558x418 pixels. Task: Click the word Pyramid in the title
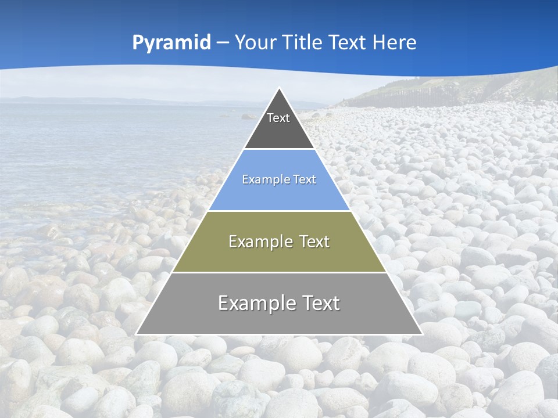(x=171, y=43)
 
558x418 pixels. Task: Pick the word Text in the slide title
(x=348, y=42)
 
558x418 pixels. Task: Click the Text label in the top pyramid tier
(x=278, y=118)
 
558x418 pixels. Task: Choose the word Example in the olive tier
(x=259, y=242)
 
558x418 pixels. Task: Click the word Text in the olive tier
(x=314, y=242)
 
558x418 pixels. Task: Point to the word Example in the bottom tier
(x=254, y=303)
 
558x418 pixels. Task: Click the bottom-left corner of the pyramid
(x=137, y=334)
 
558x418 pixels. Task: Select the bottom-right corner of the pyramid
(x=422, y=334)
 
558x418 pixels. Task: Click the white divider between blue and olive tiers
(x=279, y=211)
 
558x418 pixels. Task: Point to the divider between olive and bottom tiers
(x=279, y=272)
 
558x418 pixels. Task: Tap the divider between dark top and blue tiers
(x=279, y=149)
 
